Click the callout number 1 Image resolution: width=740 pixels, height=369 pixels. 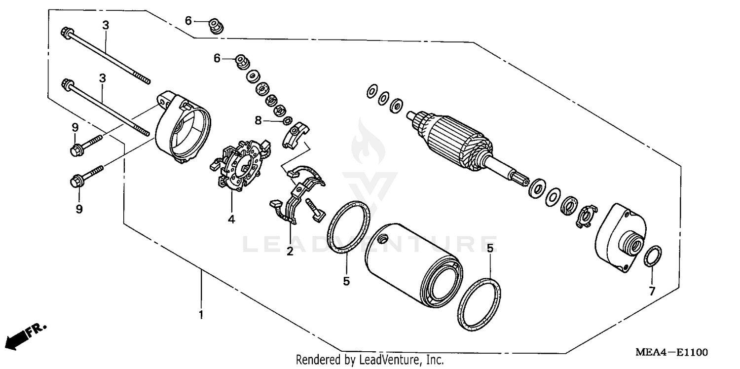201,314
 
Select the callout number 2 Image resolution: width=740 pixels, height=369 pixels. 290,252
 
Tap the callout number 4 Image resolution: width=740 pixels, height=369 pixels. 231,219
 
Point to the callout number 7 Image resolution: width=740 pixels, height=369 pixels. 652,292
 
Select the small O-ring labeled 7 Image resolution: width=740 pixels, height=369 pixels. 654,256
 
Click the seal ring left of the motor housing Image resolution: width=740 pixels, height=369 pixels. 349,227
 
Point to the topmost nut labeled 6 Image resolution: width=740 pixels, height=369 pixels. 216,25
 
